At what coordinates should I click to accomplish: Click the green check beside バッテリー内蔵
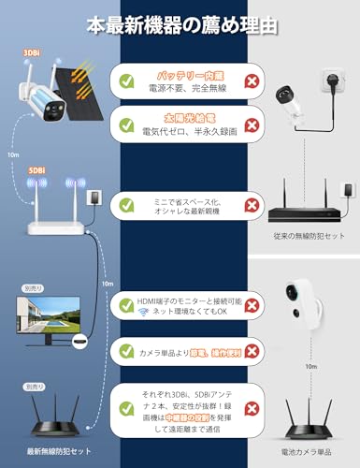[126, 81]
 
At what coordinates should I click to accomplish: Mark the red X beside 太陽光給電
[251, 125]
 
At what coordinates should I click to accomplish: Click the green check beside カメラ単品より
[126, 352]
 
